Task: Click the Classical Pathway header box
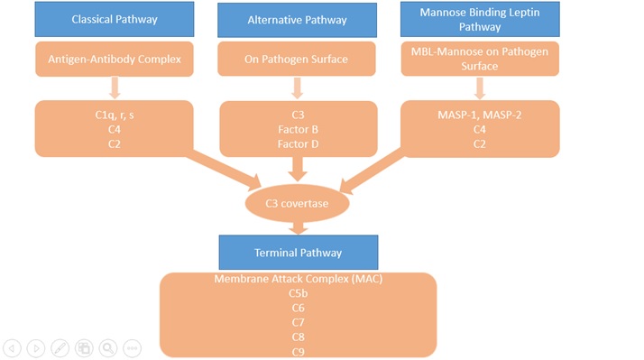[x=115, y=19]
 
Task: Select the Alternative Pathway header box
[x=298, y=19]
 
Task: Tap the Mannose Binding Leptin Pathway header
[x=478, y=19]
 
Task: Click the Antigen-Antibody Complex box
[x=115, y=60]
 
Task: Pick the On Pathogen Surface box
[x=298, y=60]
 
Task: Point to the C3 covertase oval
[x=298, y=204]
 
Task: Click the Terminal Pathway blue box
[x=298, y=253]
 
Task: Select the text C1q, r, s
[x=115, y=115]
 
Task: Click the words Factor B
[x=298, y=130]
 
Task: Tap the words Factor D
[x=298, y=144]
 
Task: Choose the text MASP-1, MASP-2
[x=479, y=115]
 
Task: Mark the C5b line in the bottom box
[x=298, y=293]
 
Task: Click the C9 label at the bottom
[x=298, y=351]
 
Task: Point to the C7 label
[x=298, y=322]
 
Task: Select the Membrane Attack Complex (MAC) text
[x=298, y=279]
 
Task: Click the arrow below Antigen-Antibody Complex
[x=115, y=88]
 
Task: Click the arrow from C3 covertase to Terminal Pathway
[x=298, y=228]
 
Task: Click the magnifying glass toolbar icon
[x=108, y=347]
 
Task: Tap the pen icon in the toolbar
[x=60, y=347]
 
